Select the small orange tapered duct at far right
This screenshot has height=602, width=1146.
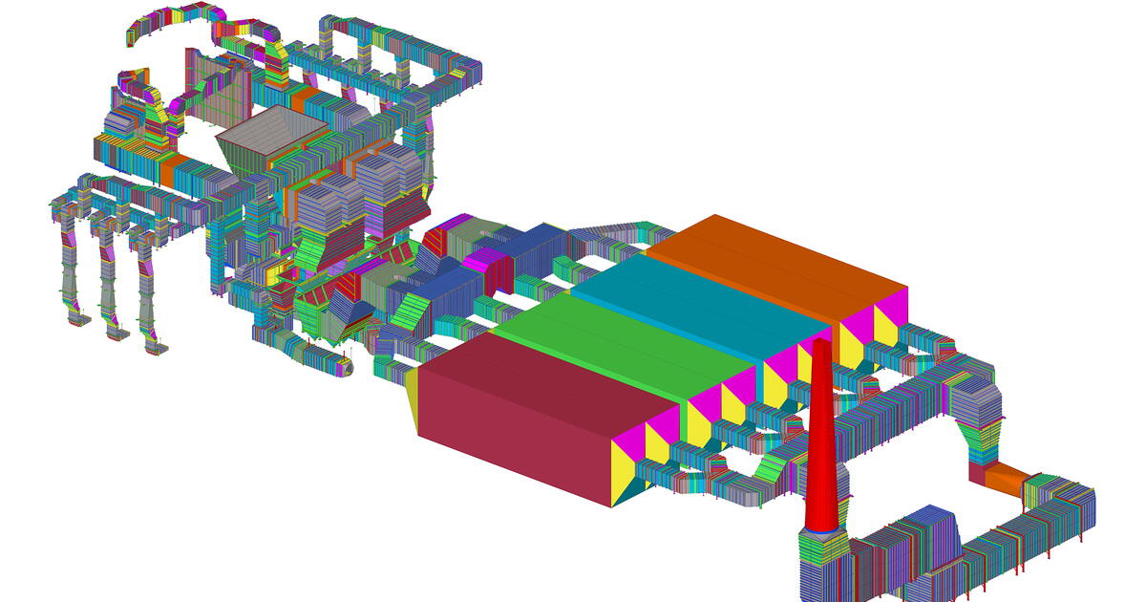[x=1008, y=477]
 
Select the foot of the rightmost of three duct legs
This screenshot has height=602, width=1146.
[x=153, y=346]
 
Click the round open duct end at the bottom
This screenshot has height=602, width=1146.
[x=345, y=366]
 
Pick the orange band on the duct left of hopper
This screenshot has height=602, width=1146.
[x=169, y=170]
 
